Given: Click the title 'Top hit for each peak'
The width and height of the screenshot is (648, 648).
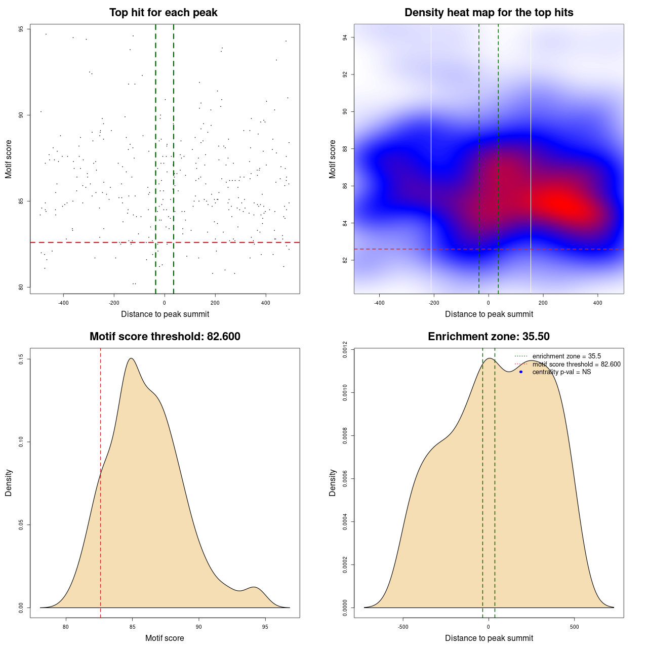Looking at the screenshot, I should point(163,13).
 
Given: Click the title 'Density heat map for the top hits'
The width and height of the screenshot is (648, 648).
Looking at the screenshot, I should point(489,13).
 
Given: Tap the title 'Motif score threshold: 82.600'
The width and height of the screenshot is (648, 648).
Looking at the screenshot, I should point(165,337).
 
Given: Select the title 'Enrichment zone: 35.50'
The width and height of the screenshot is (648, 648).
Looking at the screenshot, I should point(489,337).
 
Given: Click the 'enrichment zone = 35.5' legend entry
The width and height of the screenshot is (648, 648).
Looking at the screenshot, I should point(566,356).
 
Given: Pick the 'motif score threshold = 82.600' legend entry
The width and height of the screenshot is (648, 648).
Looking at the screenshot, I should point(576,364).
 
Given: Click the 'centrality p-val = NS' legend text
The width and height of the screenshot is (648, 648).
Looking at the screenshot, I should point(561,372).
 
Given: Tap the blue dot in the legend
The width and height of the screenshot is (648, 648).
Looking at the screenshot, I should point(521,372).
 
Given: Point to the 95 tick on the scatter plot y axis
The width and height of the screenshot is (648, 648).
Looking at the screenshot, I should point(21,29).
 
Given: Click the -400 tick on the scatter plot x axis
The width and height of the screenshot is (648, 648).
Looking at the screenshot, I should point(63,303).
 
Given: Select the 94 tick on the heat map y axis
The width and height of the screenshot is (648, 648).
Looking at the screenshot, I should point(345,37).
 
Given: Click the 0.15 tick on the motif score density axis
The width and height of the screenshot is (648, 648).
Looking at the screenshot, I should point(21,359).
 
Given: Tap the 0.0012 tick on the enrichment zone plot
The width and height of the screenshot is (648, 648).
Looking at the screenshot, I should point(345,349).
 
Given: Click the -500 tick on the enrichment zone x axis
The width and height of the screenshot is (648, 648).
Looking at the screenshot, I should point(403,627).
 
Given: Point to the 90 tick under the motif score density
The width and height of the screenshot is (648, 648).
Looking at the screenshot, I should point(199,627).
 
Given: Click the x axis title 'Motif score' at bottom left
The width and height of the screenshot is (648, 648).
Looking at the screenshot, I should point(165,638).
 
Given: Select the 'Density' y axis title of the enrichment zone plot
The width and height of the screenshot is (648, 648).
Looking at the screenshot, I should point(333,482).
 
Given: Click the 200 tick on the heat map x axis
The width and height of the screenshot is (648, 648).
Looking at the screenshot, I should point(543,303).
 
